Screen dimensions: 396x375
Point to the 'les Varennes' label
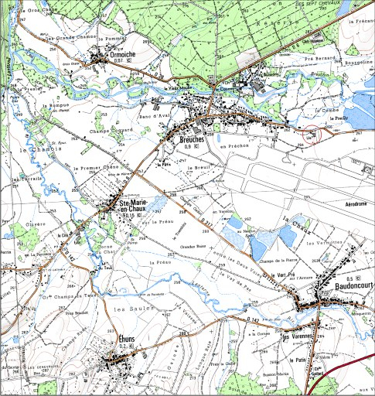pos(296,337)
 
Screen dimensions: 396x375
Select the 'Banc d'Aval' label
pos(154,116)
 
